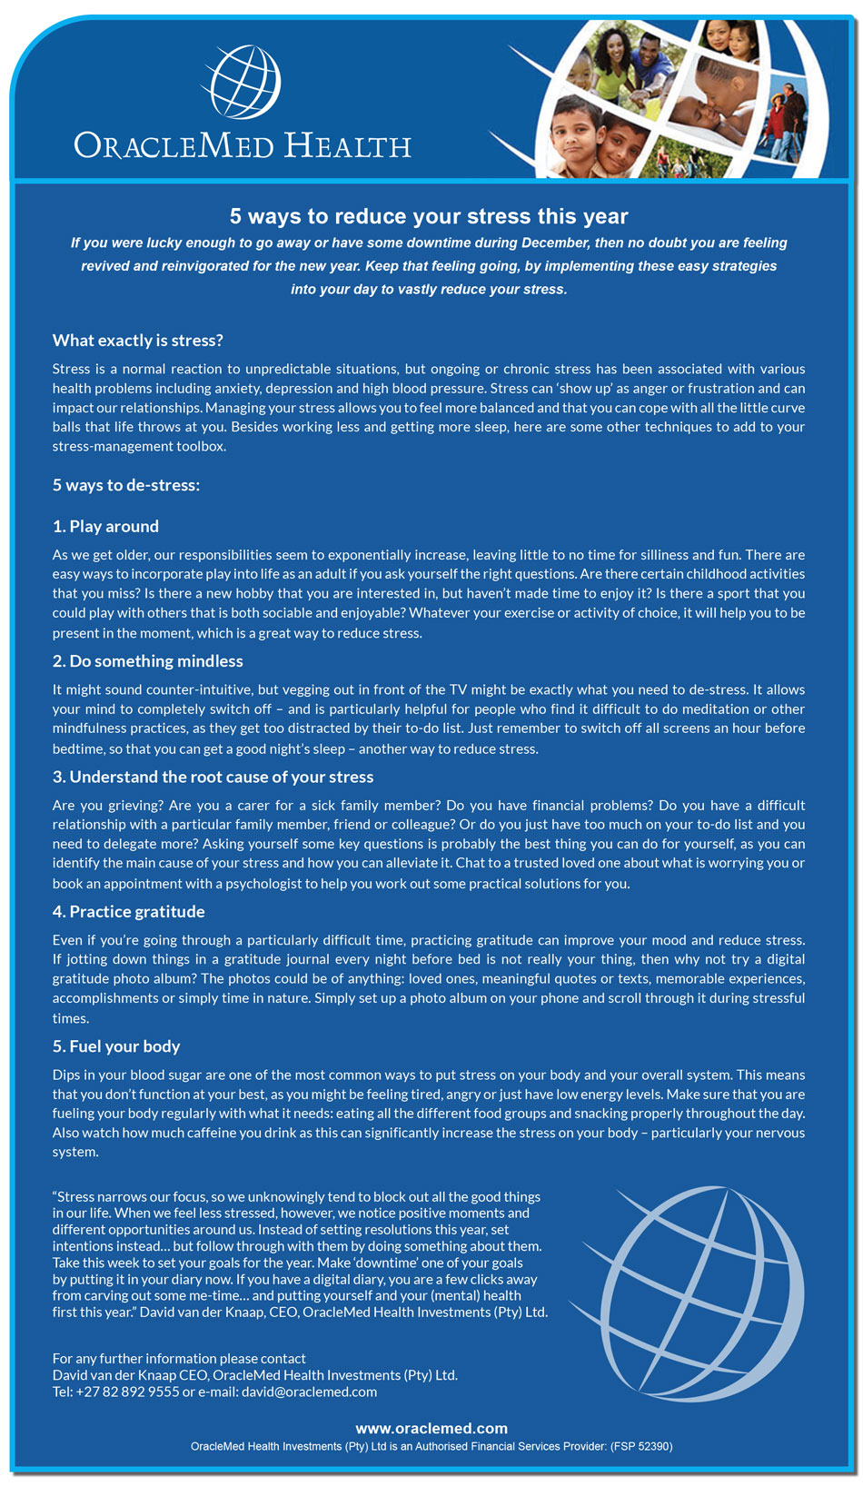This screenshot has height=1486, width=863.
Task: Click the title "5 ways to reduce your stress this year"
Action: (x=429, y=216)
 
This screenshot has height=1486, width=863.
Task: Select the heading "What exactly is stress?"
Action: (x=138, y=341)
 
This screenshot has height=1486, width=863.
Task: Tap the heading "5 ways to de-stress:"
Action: (x=126, y=485)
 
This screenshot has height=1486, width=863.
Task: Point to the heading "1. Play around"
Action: (x=105, y=527)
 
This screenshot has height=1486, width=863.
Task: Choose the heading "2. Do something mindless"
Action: (x=147, y=661)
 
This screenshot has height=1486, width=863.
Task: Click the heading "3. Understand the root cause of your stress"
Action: (x=213, y=778)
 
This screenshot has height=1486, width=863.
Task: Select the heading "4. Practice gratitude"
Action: (x=128, y=912)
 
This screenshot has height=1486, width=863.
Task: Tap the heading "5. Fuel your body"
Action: (x=116, y=1046)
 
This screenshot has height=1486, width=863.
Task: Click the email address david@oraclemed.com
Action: (x=309, y=1392)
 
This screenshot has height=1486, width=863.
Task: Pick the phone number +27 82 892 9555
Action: (x=127, y=1392)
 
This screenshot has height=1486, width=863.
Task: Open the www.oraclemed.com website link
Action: (x=431, y=1428)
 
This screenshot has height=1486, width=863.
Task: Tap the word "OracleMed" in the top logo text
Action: (x=174, y=146)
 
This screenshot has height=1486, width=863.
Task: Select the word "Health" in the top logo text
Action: (x=348, y=146)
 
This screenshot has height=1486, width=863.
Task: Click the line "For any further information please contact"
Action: (x=179, y=1359)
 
